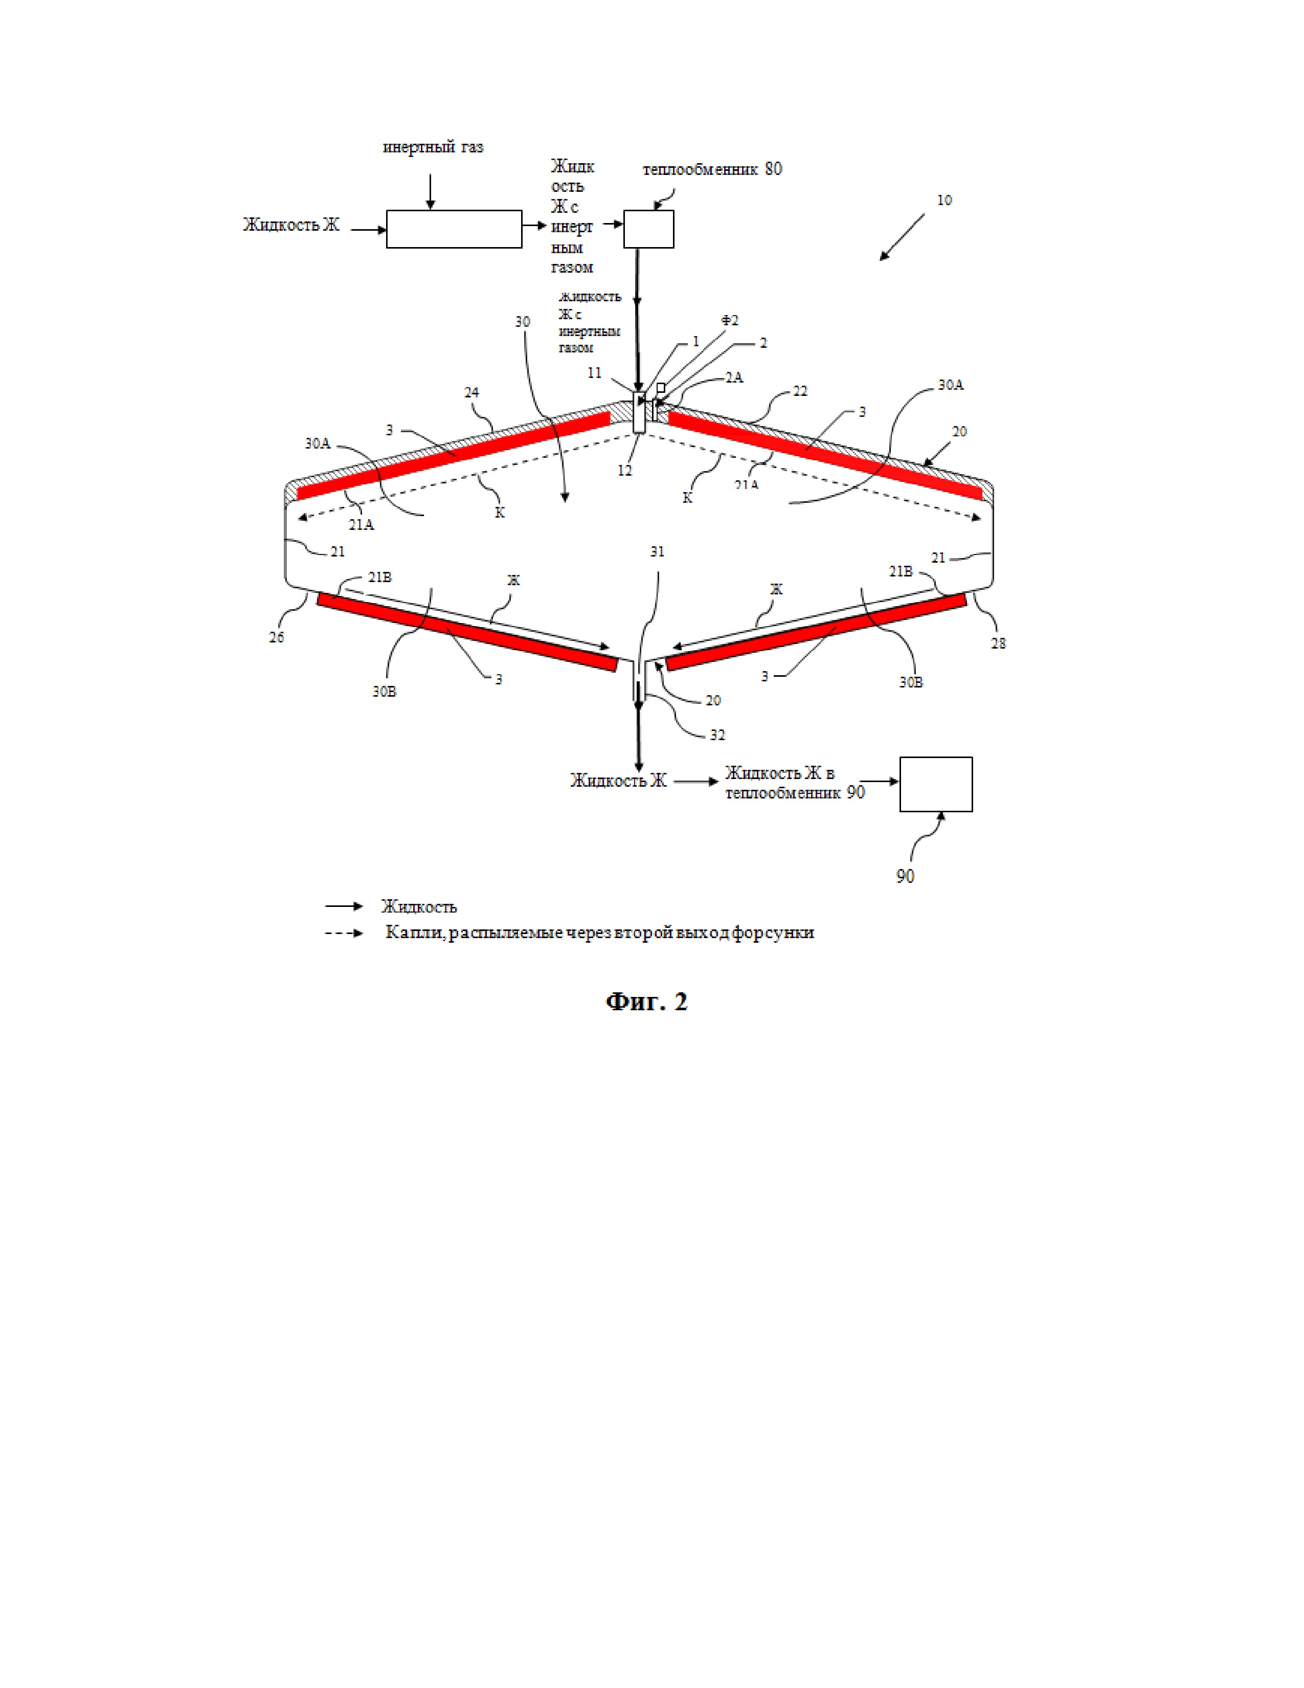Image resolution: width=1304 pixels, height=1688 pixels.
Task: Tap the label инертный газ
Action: click(x=433, y=147)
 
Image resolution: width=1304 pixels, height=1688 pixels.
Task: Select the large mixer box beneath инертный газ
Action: click(x=454, y=229)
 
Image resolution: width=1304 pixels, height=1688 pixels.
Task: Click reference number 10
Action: click(x=944, y=200)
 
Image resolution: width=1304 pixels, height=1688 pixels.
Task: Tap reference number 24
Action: click(x=471, y=393)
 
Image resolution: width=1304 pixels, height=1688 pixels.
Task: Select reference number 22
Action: click(x=800, y=391)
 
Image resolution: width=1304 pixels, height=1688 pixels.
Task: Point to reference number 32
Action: click(x=717, y=735)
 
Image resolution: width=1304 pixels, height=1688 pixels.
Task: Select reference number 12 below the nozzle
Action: click(x=625, y=470)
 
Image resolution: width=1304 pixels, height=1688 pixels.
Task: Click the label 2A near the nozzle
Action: click(x=734, y=377)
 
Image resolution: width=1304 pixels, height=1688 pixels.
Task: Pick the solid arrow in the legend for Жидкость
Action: click(x=344, y=906)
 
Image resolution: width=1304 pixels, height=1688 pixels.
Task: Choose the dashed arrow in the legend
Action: click(x=344, y=933)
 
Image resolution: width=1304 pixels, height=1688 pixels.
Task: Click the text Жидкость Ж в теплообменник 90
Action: click(x=794, y=782)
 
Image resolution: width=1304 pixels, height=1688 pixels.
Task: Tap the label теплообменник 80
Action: click(x=711, y=169)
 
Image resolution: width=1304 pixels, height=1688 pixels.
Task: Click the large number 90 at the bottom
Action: click(x=905, y=876)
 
